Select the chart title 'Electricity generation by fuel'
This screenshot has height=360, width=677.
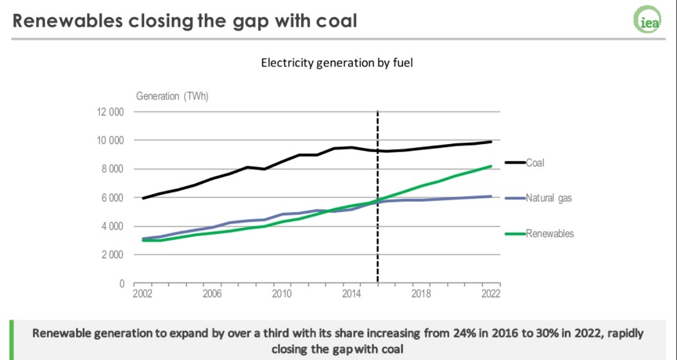tap(337, 62)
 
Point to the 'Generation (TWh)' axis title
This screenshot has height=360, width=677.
tap(172, 96)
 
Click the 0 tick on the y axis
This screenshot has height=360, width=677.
tap(121, 284)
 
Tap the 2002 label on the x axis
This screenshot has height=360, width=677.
tap(142, 294)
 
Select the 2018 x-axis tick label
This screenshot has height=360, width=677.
tap(420, 294)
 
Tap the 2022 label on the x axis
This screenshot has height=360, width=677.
tap(491, 294)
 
